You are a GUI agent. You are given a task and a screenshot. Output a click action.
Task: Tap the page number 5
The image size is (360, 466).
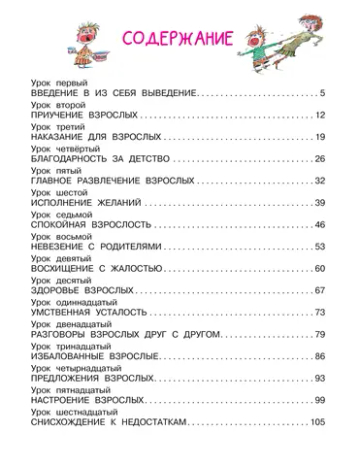pyautogui.click(x=323, y=93)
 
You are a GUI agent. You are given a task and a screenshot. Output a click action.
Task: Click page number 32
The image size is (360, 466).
pyautogui.click(x=320, y=181)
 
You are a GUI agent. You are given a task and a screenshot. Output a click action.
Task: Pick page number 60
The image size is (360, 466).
pyautogui.click(x=320, y=268)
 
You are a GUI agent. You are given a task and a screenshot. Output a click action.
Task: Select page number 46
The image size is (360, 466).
pyautogui.click(x=320, y=225)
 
